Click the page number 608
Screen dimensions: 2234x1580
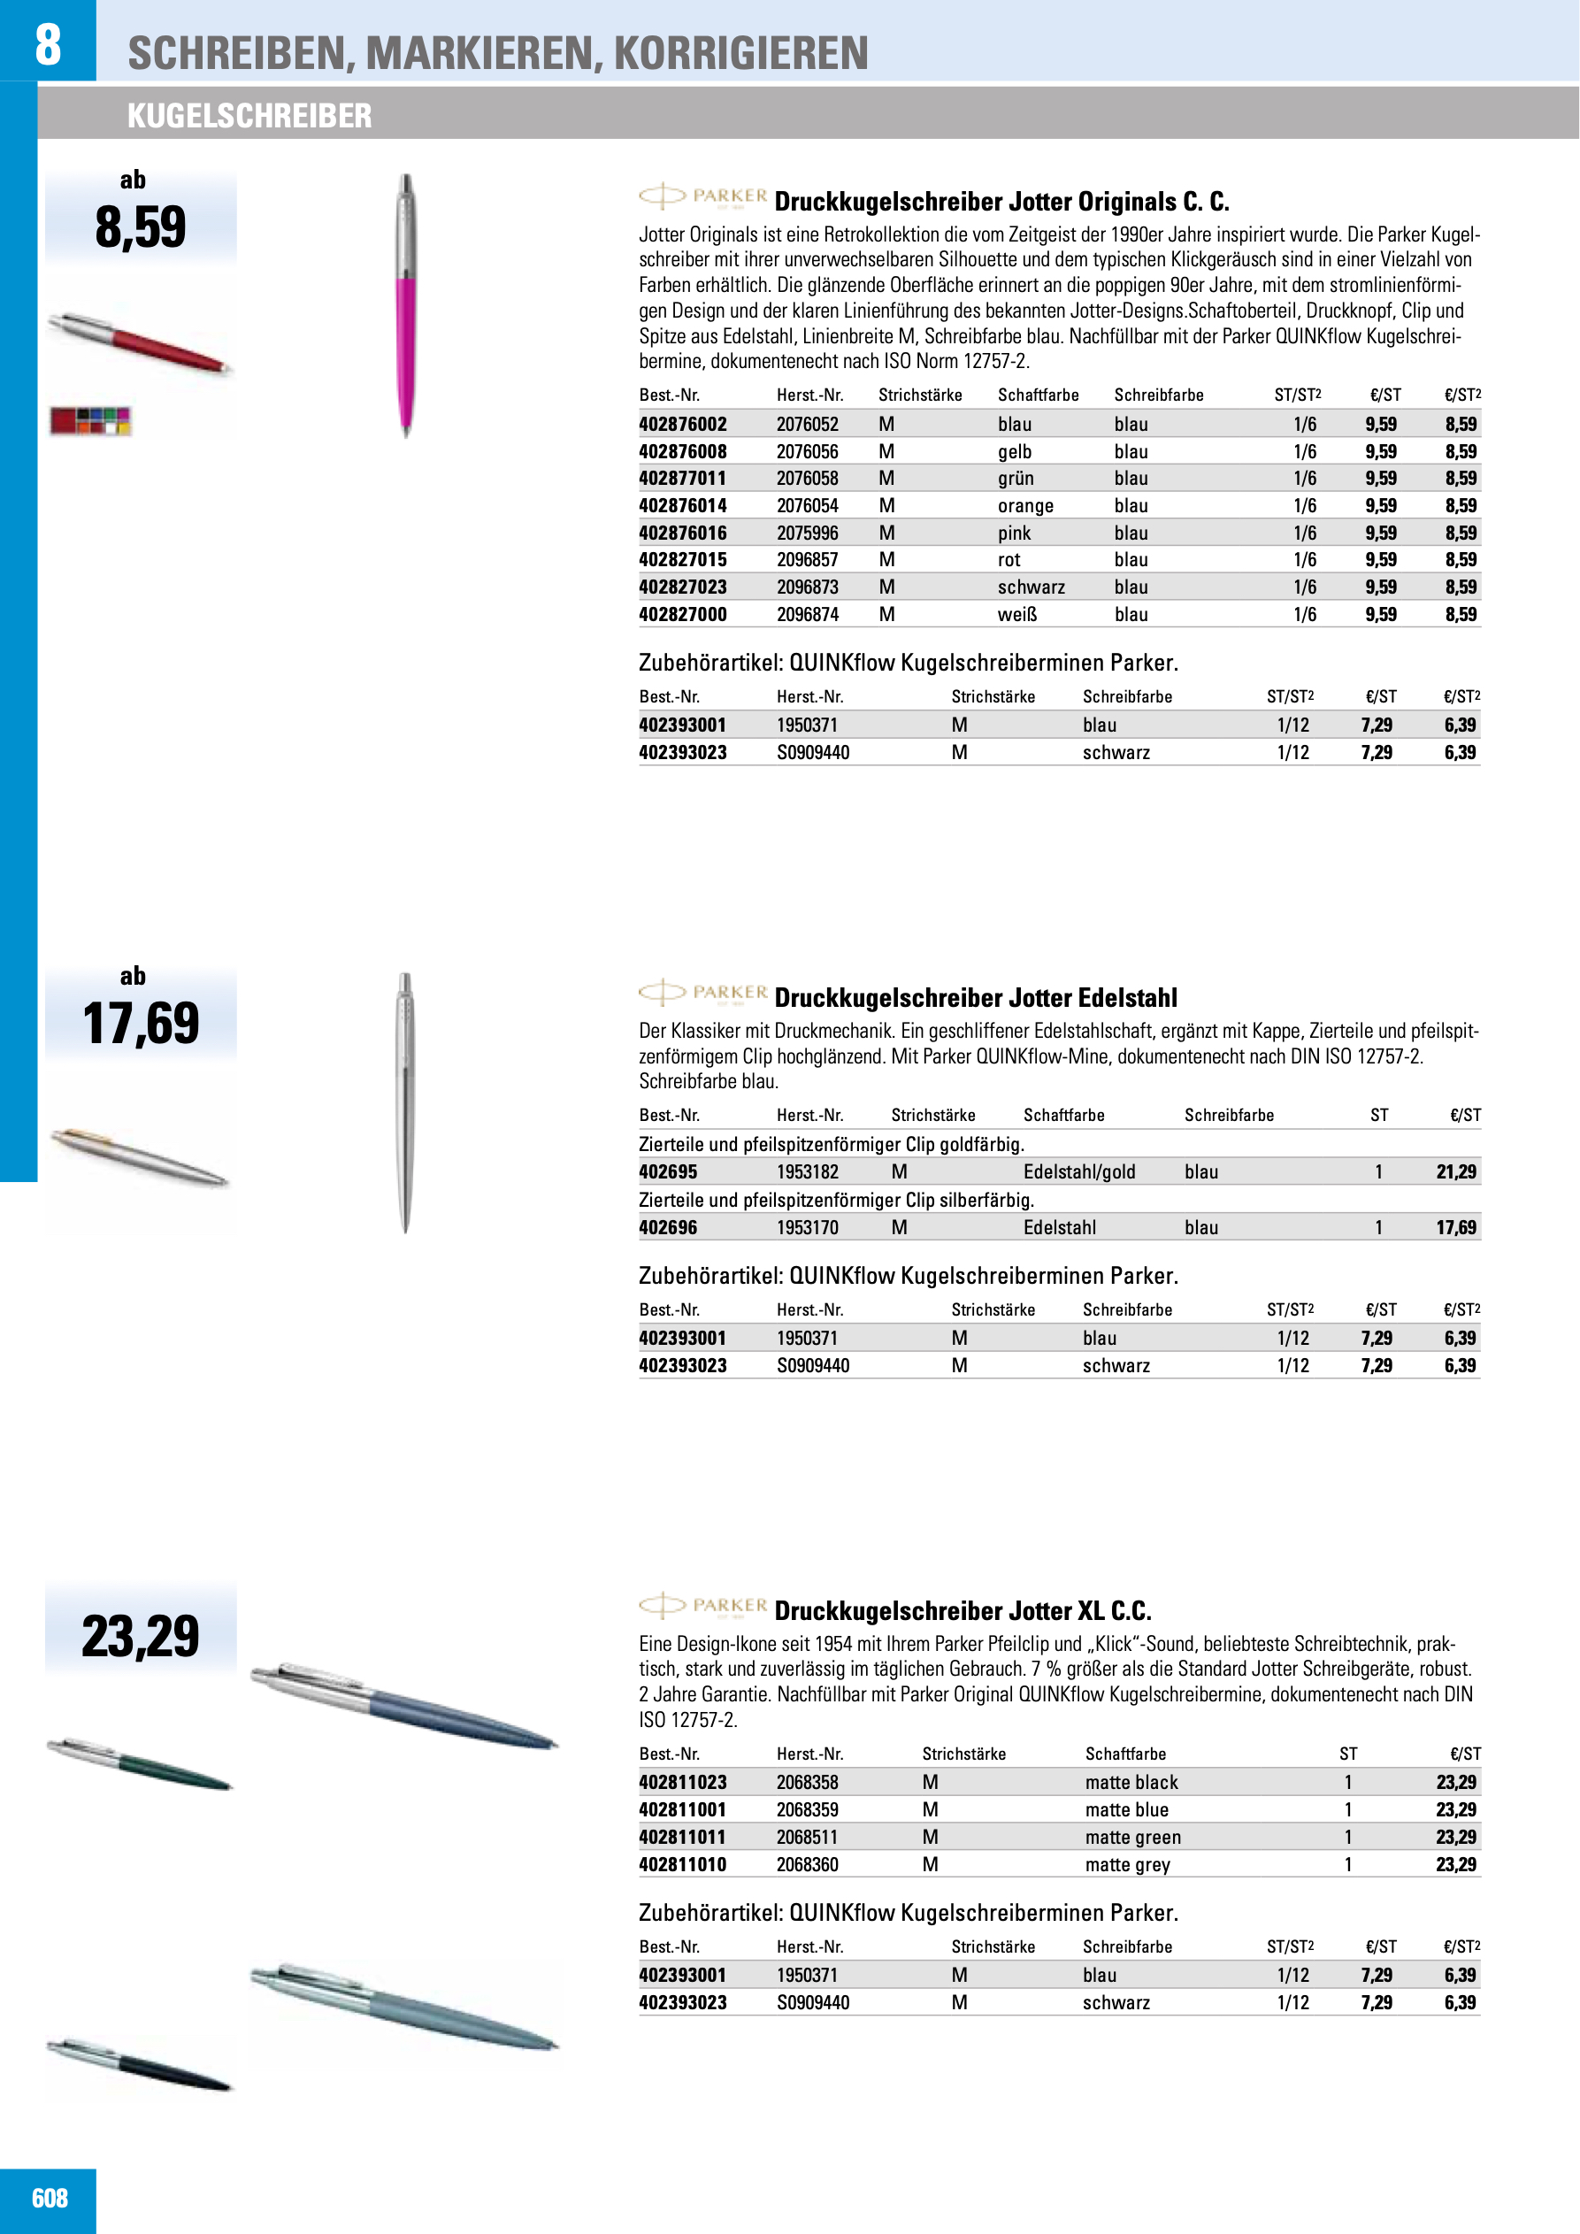50,2198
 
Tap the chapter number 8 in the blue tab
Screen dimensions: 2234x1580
48,43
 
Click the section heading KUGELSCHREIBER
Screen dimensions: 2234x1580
249,116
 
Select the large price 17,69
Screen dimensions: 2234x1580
141,1024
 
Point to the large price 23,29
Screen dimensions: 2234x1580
141,1637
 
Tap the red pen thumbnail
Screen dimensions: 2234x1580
140,342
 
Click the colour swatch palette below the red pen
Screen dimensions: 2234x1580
90,420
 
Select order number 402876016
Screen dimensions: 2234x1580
682,534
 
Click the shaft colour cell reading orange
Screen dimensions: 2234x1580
1025,506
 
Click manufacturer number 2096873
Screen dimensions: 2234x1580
808,587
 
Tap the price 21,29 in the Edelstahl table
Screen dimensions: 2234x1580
1455,1172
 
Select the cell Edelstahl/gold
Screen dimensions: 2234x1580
1079,1172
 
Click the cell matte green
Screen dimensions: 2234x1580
1132,1838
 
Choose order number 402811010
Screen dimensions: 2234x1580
682,1865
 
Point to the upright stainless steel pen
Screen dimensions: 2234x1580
406,1102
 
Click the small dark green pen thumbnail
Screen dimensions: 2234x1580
140,1764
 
